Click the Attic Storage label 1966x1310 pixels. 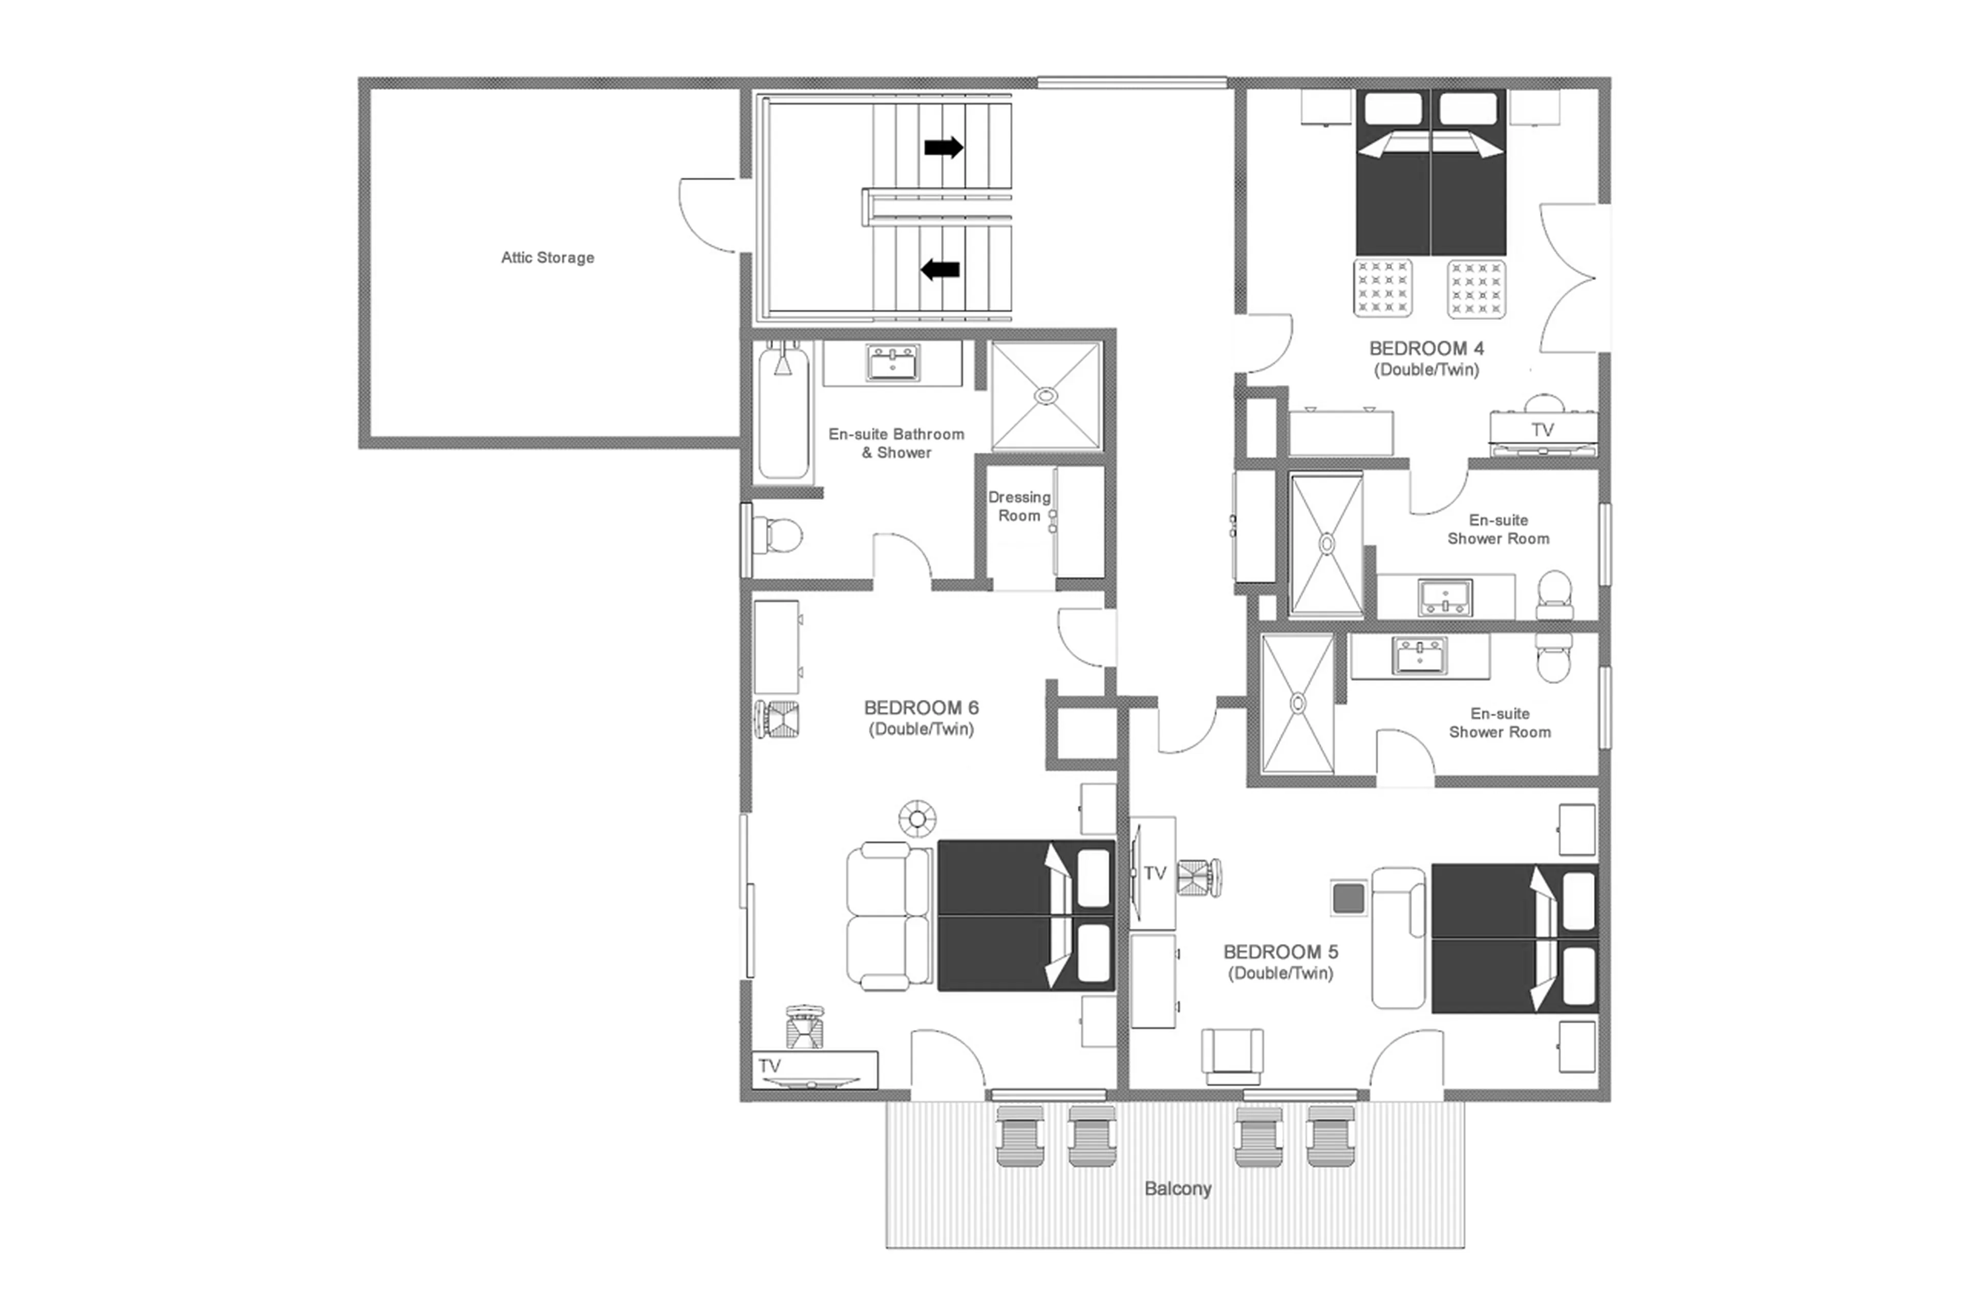(547, 257)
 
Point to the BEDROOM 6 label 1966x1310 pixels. (921, 707)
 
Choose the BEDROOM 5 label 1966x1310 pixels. (1280, 952)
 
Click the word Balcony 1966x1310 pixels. (1177, 1188)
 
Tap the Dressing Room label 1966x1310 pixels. (1019, 506)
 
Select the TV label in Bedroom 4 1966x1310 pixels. (1543, 429)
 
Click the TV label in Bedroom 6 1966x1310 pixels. (770, 1066)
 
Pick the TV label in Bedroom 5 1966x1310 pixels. (1155, 873)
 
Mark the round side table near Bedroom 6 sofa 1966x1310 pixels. (916, 819)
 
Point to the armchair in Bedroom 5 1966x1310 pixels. (1232, 1055)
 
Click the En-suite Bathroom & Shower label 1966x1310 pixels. (895, 443)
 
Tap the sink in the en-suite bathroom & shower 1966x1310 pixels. (892, 363)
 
